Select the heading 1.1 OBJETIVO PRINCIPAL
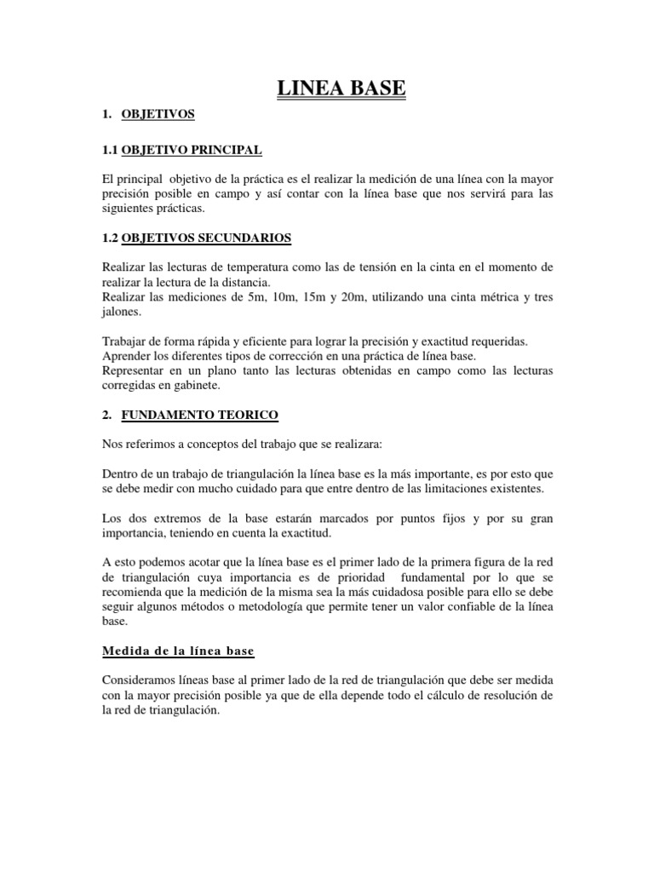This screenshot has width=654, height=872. pos(181,151)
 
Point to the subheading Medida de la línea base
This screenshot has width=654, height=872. pos(178,651)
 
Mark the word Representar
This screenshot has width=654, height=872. pos(136,370)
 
